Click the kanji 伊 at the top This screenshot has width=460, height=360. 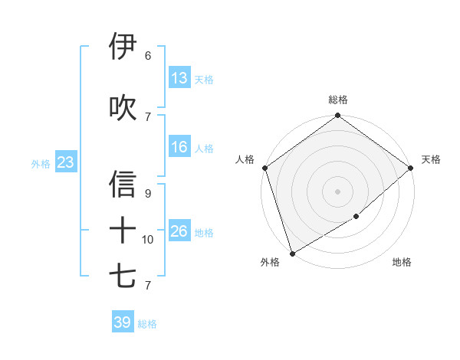pos(123,47)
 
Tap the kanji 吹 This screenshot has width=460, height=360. pos(123,108)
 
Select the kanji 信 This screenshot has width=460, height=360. pos(123,184)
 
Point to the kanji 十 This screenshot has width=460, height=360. pos(123,230)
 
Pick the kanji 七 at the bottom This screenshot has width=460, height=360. pos(123,276)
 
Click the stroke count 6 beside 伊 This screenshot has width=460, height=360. pos(147,55)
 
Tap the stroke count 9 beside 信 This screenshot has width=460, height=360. pos(147,194)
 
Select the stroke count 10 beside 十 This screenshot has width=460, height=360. pos(148,240)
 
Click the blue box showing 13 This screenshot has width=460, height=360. pos(179,77)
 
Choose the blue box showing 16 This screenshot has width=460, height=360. pos(179,147)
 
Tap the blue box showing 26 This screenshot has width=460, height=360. pos(179,231)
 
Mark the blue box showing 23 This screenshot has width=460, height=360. pos(65,162)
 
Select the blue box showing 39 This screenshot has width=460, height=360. pos(122,322)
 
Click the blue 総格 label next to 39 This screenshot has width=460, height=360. pos(147,324)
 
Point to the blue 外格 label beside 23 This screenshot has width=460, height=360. pos(41,163)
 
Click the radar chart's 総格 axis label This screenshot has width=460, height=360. pos(338,100)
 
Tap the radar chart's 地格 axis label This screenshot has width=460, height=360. pos(402,262)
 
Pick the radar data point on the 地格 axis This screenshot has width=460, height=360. pos(356,217)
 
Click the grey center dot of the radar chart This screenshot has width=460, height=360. pos(338,191)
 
